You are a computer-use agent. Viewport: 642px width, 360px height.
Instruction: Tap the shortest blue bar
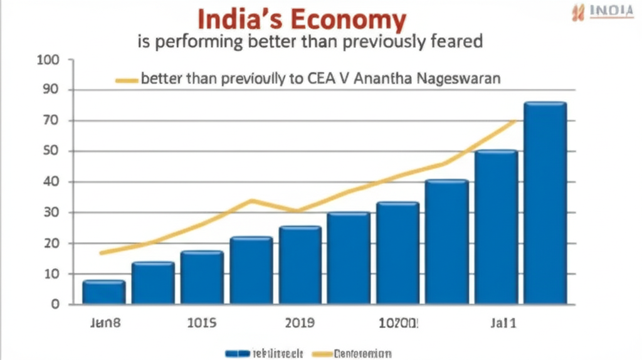103,292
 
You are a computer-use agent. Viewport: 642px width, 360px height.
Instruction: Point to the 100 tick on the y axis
48,60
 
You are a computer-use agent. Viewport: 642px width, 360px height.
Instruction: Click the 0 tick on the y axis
55,305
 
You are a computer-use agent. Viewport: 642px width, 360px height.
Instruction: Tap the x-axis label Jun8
103,324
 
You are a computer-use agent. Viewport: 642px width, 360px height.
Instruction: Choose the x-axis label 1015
202,324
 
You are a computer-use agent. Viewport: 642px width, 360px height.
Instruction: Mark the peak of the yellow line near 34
251,201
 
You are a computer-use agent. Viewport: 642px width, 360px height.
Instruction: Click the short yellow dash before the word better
127,80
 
